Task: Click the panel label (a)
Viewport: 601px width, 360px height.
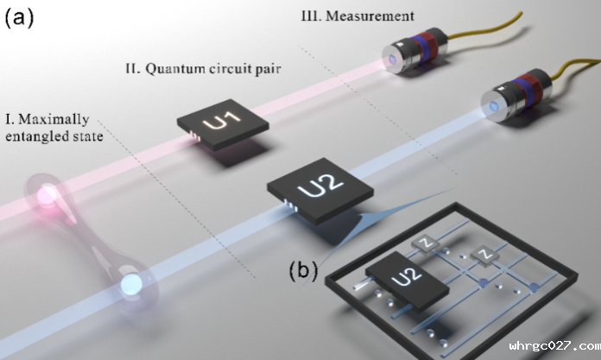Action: coord(19,17)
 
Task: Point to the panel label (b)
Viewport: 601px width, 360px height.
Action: coord(303,270)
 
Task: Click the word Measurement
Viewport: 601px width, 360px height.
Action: coord(370,16)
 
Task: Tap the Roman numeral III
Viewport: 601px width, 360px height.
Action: coord(311,16)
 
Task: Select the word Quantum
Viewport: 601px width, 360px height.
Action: coord(175,68)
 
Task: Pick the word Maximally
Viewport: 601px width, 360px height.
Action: coord(54,120)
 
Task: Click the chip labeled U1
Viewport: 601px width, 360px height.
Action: coord(223,124)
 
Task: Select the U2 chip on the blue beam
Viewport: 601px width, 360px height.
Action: coord(320,191)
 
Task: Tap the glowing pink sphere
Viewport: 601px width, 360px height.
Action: coord(47,194)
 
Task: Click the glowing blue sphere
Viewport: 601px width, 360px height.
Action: coord(131,284)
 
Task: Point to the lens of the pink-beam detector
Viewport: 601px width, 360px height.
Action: coord(391,59)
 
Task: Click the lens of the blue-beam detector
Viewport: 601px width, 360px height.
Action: coord(494,106)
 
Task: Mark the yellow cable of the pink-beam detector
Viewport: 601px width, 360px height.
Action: coord(485,27)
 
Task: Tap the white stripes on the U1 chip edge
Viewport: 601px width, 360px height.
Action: coord(195,136)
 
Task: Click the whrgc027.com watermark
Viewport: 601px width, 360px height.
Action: coord(554,346)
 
